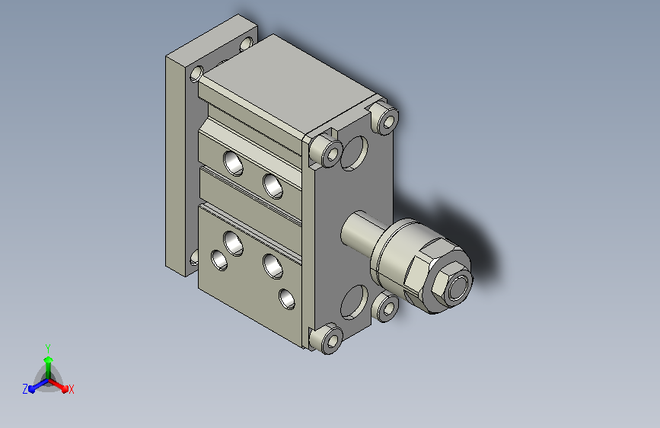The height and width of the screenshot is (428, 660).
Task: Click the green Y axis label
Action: [48, 348]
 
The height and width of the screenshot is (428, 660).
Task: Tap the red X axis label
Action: [71, 390]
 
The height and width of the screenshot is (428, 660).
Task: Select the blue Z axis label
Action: [25, 389]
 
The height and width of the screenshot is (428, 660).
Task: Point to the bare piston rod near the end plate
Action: [357, 232]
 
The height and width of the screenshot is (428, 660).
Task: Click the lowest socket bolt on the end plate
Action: [327, 339]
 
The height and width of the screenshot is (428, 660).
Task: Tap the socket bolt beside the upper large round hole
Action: [327, 151]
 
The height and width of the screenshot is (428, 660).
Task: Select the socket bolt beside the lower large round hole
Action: [385, 307]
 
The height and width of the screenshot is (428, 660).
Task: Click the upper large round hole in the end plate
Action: [354, 153]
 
